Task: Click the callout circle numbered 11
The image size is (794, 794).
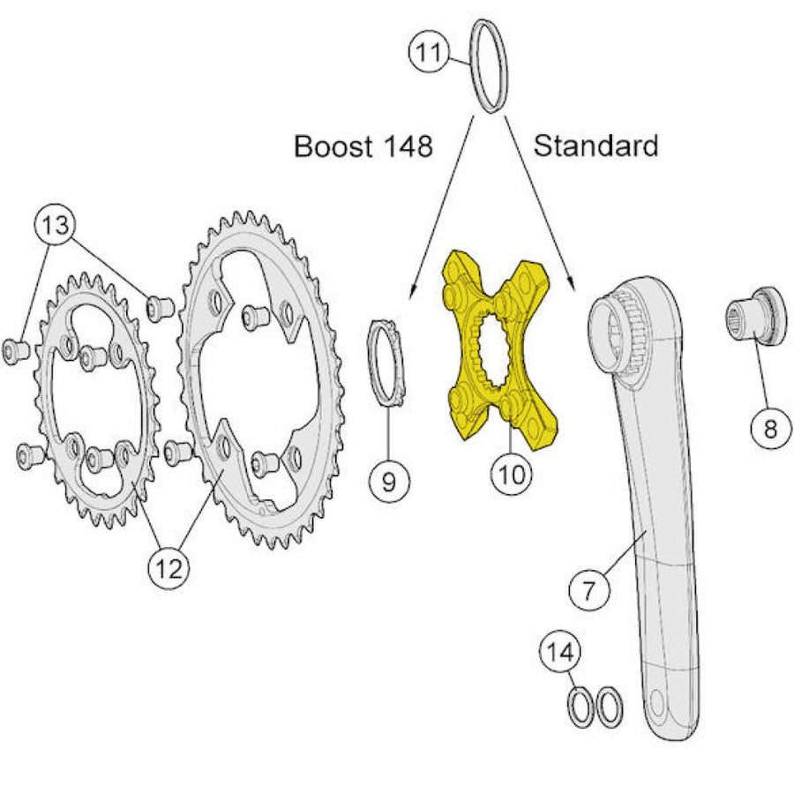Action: click(x=430, y=52)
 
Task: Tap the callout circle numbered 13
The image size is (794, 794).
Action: click(x=56, y=224)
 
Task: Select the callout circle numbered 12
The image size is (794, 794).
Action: click(x=169, y=568)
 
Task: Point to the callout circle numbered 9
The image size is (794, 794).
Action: click(x=389, y=481)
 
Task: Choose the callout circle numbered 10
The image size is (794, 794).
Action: click(x=512, y=475)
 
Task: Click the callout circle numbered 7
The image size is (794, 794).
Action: click(x=589, y=590)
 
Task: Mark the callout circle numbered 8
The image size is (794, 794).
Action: click(x=770, y=430)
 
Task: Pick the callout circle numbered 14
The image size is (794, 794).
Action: click(x=560, y=653)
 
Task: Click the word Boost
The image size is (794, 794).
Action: click(x=334, y=146)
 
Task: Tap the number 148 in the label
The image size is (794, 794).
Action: click(x=408, y=146)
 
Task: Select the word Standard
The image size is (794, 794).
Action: click(x=595, y=146)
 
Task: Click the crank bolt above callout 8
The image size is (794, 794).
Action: click(x=757, y=316)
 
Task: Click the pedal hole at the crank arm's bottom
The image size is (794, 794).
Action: click(x=656, y=702)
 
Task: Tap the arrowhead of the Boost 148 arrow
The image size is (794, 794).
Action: click(x=413, y=291)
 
